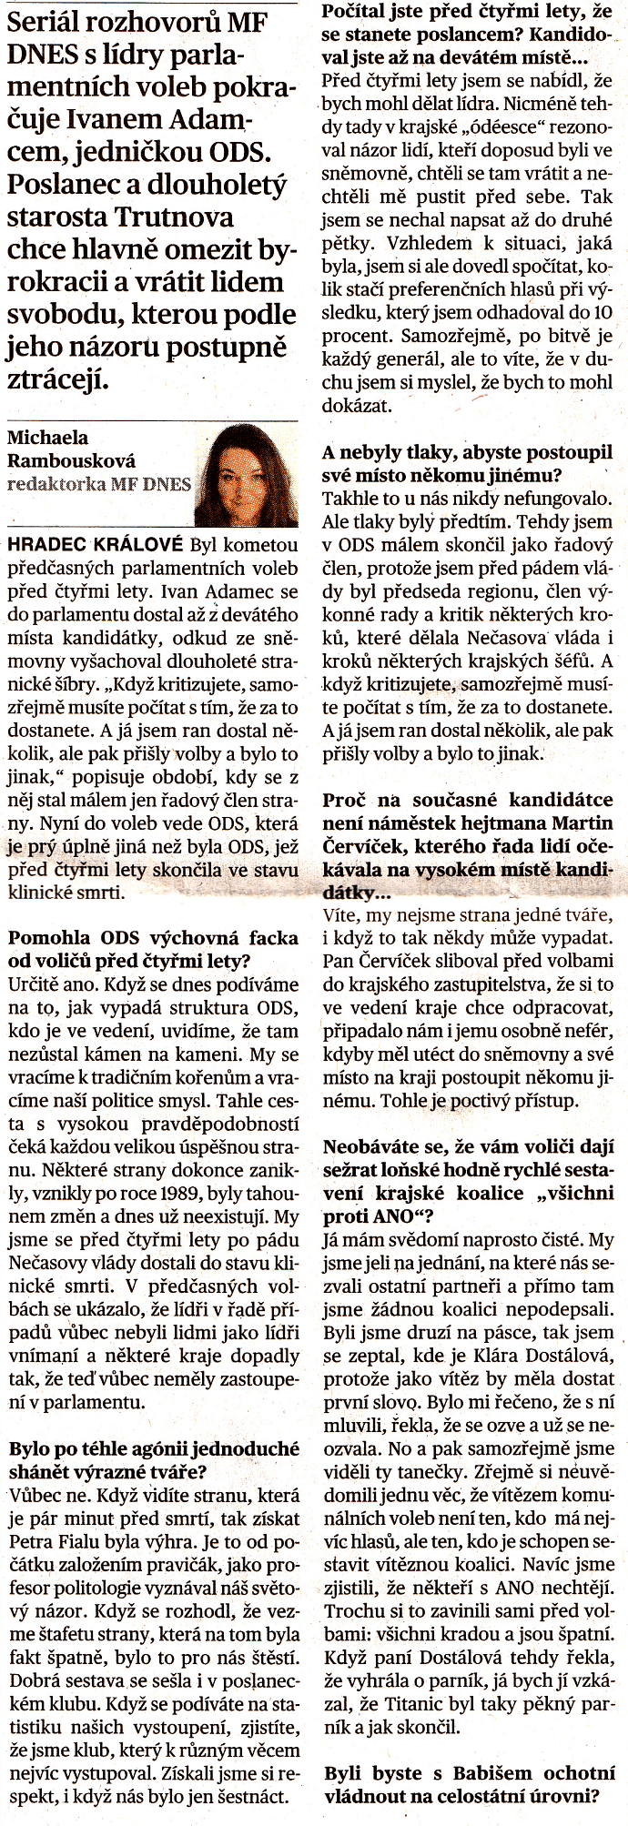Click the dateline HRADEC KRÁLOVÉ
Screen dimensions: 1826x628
(x=94, y=545)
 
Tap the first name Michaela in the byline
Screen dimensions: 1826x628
(x=47, y=438)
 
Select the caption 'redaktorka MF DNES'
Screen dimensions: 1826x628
(x=98, y=483)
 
